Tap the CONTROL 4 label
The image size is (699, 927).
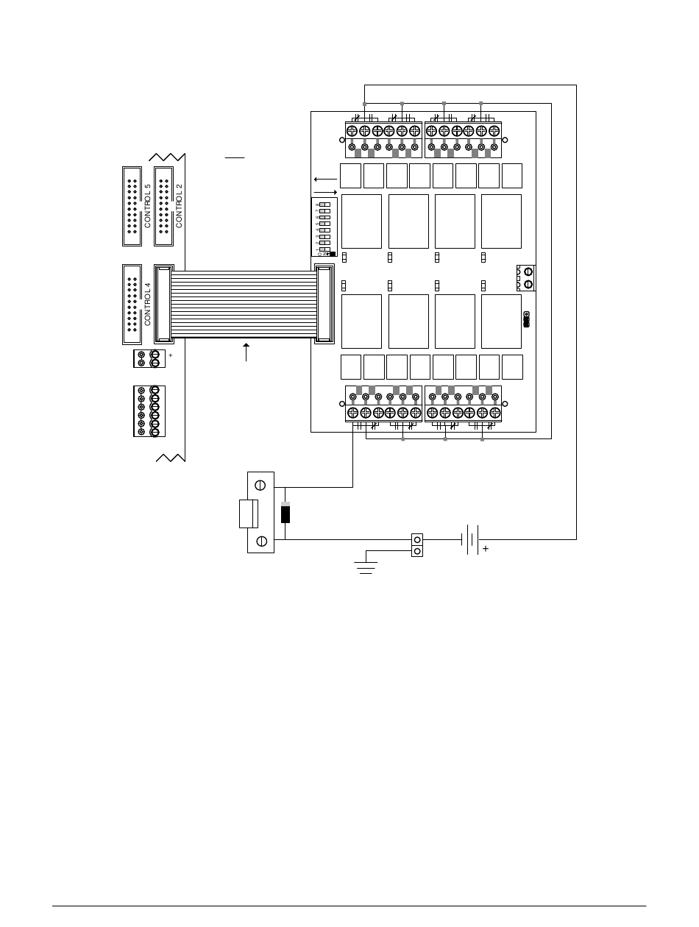(147, 304)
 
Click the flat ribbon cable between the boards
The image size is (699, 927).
(243, 304)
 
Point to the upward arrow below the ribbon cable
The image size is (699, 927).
(246, 351)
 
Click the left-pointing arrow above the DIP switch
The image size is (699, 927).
(324, 179)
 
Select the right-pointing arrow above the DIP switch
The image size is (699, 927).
(324, 191)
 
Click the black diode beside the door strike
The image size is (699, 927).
(285, 513)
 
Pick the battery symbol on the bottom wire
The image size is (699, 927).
(470, 539)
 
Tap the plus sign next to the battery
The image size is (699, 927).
(486, 549)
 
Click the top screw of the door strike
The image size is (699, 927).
(260, 486)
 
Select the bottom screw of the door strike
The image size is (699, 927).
(260, 542)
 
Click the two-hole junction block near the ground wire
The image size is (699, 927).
(417, 545)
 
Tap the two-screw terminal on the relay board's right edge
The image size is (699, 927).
(527, 278)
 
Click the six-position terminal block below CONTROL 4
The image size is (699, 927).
(149, 411)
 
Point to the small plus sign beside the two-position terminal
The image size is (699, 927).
(170, 355)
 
